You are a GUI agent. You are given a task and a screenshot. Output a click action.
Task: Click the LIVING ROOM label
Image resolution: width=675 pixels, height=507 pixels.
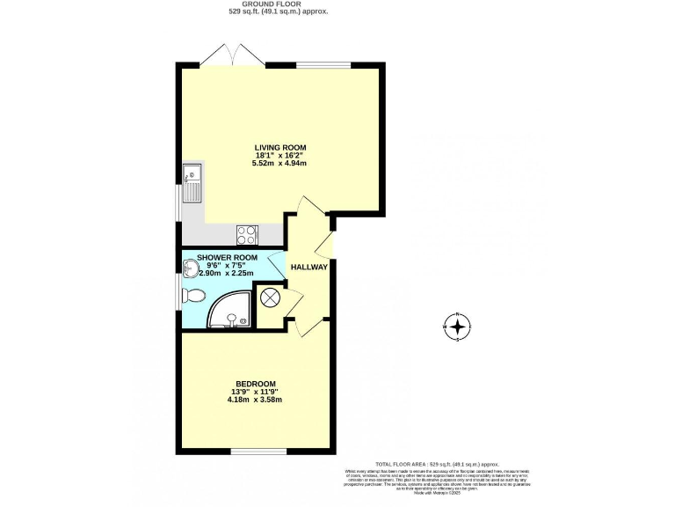(x=280, y=147)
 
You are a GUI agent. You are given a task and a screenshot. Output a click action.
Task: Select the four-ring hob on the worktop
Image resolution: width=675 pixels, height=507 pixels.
(x=247, y=234)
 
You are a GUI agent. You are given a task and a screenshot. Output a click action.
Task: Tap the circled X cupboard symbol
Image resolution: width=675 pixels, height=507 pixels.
(x=272, y=297)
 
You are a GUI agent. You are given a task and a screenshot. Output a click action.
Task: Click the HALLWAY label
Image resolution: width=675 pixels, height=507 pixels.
(x=309, y=268)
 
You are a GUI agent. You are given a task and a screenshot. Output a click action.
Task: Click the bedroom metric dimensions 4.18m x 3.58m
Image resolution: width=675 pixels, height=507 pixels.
(x=254, y=400)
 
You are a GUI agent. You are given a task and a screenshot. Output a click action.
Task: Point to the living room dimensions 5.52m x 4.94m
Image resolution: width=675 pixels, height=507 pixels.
(x=280, y=164)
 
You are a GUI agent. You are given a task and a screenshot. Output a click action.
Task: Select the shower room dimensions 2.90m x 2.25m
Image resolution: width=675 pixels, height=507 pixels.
(x=226, y=274)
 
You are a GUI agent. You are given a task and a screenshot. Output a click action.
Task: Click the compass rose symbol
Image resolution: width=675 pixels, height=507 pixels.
(x=458, y=327)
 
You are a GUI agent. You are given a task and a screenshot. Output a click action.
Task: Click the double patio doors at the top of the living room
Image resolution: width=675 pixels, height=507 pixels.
(x=232, y=58)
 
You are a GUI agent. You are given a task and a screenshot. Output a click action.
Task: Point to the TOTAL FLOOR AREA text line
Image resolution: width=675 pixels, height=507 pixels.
(x=437, y=463)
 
